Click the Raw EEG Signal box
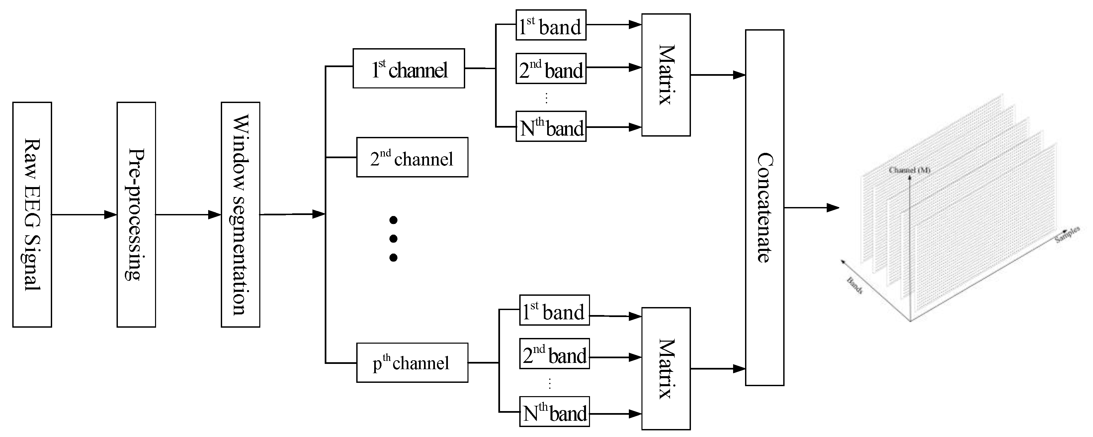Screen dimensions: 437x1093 [x=32, y=214]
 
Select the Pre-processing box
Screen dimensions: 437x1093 [x=136, y=214]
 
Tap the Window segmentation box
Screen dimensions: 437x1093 [x=240, y=214]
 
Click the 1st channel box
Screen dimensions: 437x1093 [x=409, y=68]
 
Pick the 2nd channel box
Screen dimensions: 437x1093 [x=412, y=157]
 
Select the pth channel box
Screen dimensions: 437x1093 [x=412, y=363]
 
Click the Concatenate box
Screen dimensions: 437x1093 [x=765, y=208]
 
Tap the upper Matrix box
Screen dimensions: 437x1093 [x=666, y=75]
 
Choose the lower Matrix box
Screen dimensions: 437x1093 [x=666, y=369]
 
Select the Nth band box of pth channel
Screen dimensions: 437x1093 [x=554, y=412]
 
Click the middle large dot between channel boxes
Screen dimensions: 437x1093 [x=393, y=239]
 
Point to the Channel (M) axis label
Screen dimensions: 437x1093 [x=909, y=170]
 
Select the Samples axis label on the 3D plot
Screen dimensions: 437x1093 [x=1067, y=235]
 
